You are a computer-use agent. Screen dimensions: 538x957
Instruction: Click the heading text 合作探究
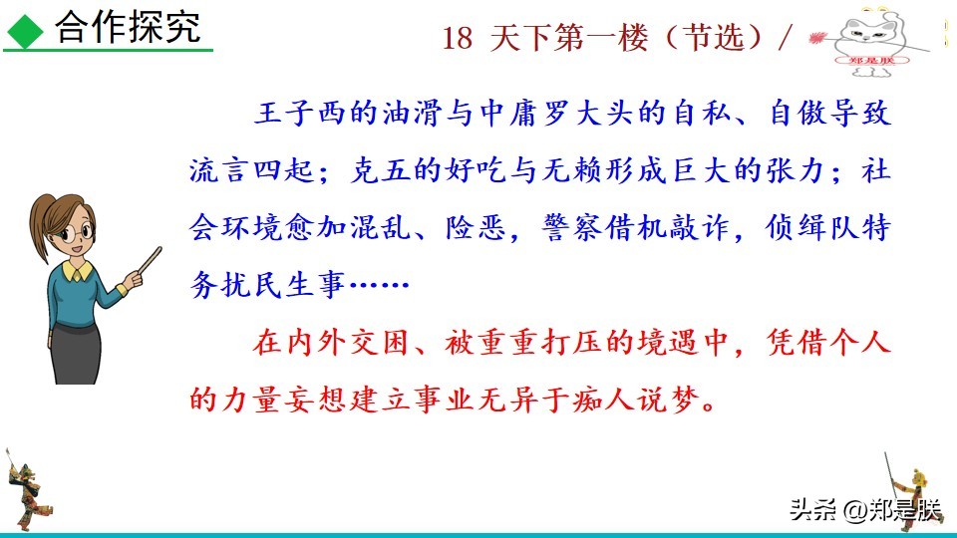127,28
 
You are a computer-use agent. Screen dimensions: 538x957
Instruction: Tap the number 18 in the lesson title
457,38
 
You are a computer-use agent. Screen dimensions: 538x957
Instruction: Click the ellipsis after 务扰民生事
377,285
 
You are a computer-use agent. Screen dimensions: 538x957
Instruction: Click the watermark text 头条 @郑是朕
864,510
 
